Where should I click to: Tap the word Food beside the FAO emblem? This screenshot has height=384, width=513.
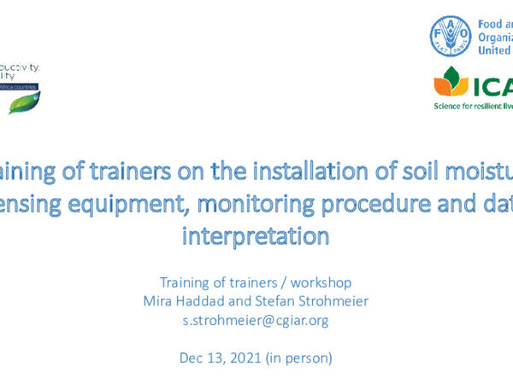(x=492, y=25)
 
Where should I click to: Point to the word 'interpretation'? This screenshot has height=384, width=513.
(x=256, y=236)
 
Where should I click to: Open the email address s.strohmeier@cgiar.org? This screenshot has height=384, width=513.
(x=256, y=320)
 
